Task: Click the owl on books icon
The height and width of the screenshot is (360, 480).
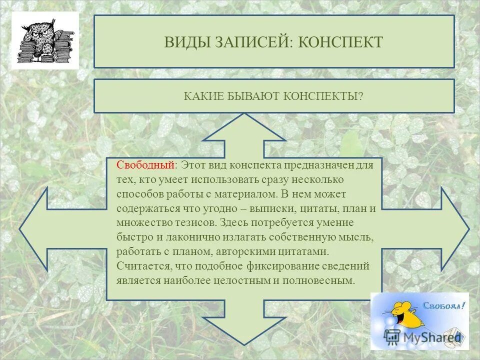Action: tap(45, 40)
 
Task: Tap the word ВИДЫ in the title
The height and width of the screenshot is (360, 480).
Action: tap(181, 42)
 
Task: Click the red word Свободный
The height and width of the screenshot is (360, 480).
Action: tap(145, 165)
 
